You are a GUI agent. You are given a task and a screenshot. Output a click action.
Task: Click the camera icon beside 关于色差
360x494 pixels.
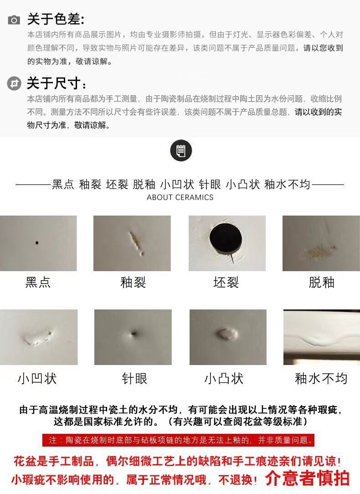coord(14,20)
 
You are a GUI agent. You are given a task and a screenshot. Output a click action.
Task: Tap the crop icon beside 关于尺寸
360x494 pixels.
coord(14,83)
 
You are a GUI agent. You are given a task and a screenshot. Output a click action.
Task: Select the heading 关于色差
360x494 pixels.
coord(56,19)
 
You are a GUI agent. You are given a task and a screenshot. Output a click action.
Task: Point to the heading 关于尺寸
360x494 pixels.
coord(57,83)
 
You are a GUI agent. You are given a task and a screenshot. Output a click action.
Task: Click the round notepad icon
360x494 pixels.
coord(181,150)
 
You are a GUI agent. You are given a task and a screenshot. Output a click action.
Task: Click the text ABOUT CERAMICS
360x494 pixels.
coord(180,197)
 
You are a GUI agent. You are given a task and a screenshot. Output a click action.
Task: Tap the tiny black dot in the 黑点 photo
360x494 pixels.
coord(37,243)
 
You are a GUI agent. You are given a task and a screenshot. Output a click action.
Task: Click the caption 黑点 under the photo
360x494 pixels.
coord(38,282)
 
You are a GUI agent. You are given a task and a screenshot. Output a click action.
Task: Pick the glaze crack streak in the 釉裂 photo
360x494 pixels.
coord(136,242)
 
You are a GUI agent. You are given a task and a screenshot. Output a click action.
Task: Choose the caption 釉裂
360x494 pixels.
coord(133,282)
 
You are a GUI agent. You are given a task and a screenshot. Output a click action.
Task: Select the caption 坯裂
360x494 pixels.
coord(226,282)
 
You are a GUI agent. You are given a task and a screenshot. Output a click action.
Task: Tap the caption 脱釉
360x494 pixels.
coord(322,282)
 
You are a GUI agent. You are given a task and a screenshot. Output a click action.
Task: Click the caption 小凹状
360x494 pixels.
coord(37,378)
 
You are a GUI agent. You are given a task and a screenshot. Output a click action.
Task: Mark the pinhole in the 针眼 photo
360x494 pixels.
coord(134,333)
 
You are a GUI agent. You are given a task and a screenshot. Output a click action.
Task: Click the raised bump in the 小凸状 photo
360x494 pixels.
coord(228,334)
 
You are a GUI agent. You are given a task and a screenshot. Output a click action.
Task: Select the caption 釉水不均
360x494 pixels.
coord(321,378)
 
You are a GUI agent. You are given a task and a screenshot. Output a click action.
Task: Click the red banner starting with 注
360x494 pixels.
coord(179,440)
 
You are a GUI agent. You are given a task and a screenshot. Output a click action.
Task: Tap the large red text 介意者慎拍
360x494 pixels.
coord(308,478)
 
